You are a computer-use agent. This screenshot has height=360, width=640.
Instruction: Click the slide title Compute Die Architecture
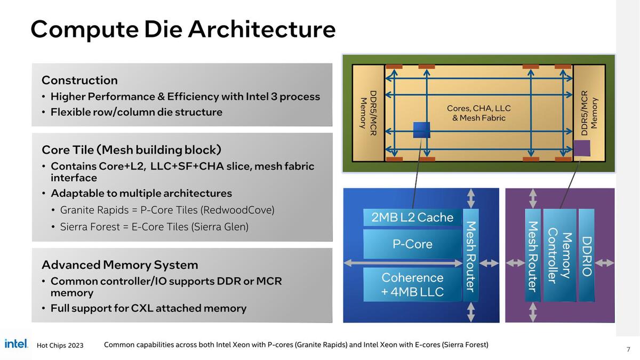pyautogui.click(x=183, y=29)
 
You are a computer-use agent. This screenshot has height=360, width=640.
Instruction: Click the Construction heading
pyautogui.click(x=79, y=81)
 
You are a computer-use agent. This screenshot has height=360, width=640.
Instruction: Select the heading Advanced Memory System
pyautogui.click(x=119, y=265)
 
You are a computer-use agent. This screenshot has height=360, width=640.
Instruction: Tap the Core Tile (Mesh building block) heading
pyautogui.click(x=131, y=150)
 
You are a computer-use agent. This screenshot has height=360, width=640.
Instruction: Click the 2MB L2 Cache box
pyautogui.click(x=412, y=218)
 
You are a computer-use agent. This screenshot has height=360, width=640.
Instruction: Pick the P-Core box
pyautogui.click(x=412, y=244)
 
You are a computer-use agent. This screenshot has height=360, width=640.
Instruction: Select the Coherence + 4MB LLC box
pyautogui.click(x=412, y=285)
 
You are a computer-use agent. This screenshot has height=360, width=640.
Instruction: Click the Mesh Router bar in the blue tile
pyautogui.click(x=470, y=256)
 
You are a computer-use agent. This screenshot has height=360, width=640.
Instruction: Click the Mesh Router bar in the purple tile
pyautogui.click(x=532, y=257)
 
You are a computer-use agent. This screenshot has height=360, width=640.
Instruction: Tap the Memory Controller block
pyautogui.click(x=559, y=255)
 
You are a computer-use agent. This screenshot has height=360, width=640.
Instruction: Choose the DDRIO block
pyautogui.click(x=587, y=256)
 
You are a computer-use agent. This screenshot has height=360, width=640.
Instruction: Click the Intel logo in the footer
pyautogui.click(x=16, y=344)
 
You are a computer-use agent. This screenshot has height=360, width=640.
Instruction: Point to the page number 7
pyautogui.click(x=628, y=349)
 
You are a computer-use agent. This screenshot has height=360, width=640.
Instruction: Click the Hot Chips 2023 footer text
pyautogui.click(x=60, y=346)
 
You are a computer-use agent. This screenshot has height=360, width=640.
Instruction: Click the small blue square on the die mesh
pyautogui.click(x=421, y=130)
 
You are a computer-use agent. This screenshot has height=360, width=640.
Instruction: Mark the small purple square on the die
pyautogui.click(x=582, y=148)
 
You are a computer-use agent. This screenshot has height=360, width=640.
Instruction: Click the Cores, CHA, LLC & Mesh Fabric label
pyautogui.click(x=478, y=113)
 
